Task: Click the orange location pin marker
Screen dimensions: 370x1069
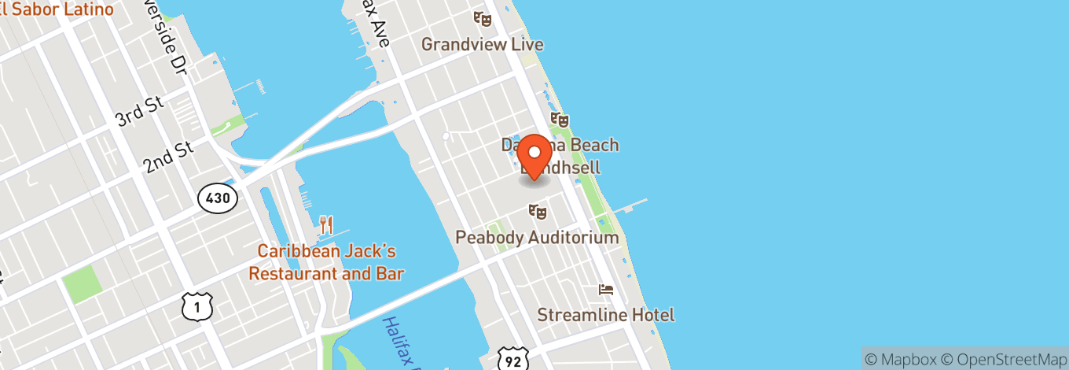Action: tap(534, 155)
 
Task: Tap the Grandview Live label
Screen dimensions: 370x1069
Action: tap(482, 44)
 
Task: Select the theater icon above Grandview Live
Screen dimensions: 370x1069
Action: tap(482, 18)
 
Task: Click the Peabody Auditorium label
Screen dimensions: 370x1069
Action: tap(538, 237)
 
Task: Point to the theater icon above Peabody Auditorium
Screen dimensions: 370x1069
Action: tap(538, 211)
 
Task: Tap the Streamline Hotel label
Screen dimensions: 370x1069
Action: tap(605, 315)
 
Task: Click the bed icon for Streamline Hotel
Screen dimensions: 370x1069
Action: tap(606, 290)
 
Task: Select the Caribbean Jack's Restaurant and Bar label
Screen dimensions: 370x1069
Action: tap(326, 263)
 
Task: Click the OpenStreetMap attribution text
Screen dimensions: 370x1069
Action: tap(1005, 358)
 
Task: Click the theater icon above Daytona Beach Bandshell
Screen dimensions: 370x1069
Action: tap(559, 120)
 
